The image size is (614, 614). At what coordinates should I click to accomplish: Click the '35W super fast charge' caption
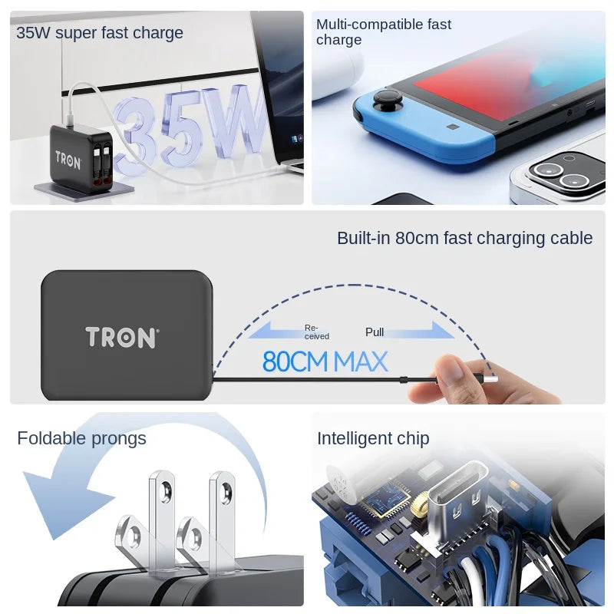[100, 33]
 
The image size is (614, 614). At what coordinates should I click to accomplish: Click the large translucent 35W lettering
[192, 127]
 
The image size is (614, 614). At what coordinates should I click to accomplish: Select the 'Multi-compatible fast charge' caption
[383, 32]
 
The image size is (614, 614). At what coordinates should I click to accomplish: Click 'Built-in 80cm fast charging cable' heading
[464, 238]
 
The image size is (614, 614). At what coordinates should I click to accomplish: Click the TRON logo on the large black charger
[122, 337]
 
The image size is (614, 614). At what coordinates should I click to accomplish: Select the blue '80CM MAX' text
[325, 361]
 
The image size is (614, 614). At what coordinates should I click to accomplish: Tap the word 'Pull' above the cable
[375, 332]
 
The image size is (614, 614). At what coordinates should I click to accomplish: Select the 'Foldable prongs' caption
[81, 438]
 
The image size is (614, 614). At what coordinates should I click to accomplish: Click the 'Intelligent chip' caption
[373, 438]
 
